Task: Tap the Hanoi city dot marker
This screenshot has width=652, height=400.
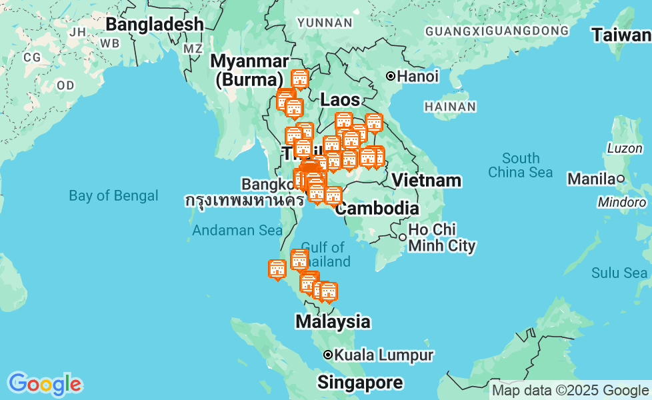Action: [391, 77]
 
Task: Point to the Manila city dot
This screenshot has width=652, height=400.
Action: [620, 179]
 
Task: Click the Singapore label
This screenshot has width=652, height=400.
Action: [360, 383]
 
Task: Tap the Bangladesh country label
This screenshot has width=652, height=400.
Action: [155, 24]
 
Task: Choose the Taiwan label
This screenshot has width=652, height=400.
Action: [621, 35]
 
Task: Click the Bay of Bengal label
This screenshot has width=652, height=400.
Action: [113, 195]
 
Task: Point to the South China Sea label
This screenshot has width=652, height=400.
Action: [521, 165]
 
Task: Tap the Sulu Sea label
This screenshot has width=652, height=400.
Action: [619, 273]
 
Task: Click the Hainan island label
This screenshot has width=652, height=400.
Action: [450, 107]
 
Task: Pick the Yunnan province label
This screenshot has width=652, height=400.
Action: [325, 23]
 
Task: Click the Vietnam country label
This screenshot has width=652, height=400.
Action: [426, 180]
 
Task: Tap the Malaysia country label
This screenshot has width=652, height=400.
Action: [333, 321]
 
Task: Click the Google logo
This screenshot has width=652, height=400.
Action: [45, 384]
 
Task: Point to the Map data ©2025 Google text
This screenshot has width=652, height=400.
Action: [570, 391]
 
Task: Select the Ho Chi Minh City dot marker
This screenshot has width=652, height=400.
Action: [403, 237]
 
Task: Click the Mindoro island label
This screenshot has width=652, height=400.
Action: [621, 201]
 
